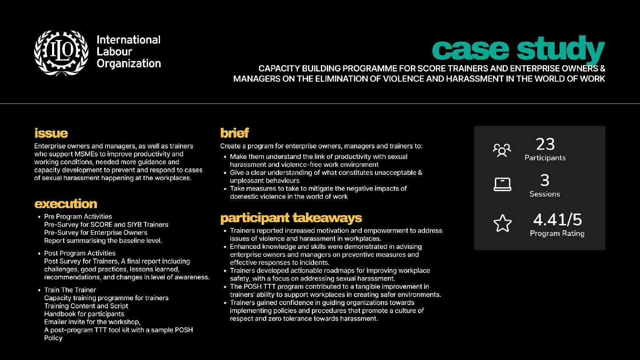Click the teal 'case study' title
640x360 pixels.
click(x=518, y=49)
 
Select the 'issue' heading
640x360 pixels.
click(x=51, y=133)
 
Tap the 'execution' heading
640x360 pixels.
click(x=66, y=203)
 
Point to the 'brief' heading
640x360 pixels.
click(x=234, y=133)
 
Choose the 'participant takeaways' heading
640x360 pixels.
click(x=291, y=218)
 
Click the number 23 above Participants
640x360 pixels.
click(x=545, y=144)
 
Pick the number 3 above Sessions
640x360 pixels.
click(x=544, y=180)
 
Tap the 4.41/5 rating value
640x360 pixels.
click(x=557, y=220)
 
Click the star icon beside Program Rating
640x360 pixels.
click(x=502, y=223)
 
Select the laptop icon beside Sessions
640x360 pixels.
click(x=502, y=184)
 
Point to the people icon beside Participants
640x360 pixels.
click(x=502, y=150)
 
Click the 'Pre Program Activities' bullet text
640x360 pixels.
click(x=78, y=217)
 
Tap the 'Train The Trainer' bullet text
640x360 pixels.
click(x=70, y=290)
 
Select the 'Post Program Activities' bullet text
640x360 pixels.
click(x=80, y=253)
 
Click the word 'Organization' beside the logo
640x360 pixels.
click(x=129, y=64)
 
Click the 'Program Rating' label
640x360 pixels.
click(x=557, y=233)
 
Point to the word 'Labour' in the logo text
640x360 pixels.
click(x=114, y=52)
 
